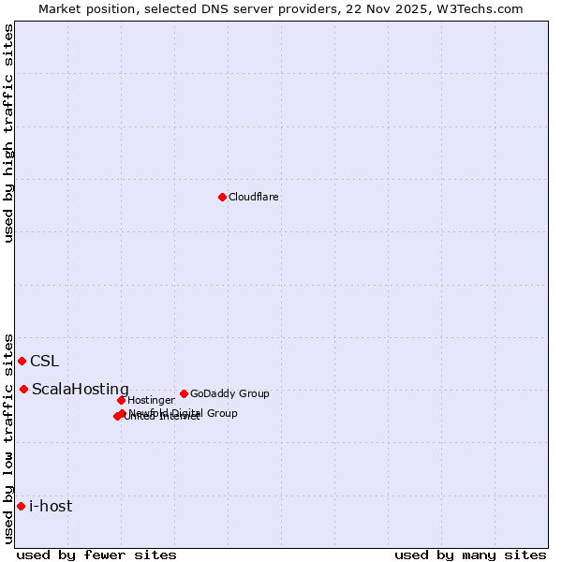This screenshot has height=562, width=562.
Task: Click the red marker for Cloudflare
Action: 222,197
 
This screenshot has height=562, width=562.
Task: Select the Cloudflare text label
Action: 253,198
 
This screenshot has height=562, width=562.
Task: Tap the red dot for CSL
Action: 22,361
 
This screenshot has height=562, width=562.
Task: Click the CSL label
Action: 44,362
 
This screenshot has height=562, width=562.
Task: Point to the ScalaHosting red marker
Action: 23,389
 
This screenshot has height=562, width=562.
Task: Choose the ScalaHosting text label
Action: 81,390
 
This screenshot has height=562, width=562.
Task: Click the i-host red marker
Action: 21,506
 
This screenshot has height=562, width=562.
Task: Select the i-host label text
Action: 51,507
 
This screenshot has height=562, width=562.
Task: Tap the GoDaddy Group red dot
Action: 184,393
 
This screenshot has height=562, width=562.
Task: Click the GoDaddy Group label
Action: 229,394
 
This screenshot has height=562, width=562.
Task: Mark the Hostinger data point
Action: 121,400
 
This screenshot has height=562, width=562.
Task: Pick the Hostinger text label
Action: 151,401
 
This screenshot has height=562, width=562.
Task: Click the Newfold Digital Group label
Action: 184,413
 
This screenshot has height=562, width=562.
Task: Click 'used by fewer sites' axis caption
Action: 96,555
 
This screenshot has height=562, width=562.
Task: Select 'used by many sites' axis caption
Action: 470,555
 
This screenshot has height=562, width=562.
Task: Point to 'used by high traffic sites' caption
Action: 9,133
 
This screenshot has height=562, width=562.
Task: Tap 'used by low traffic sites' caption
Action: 9,437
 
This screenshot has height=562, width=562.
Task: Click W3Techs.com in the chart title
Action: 481,8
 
